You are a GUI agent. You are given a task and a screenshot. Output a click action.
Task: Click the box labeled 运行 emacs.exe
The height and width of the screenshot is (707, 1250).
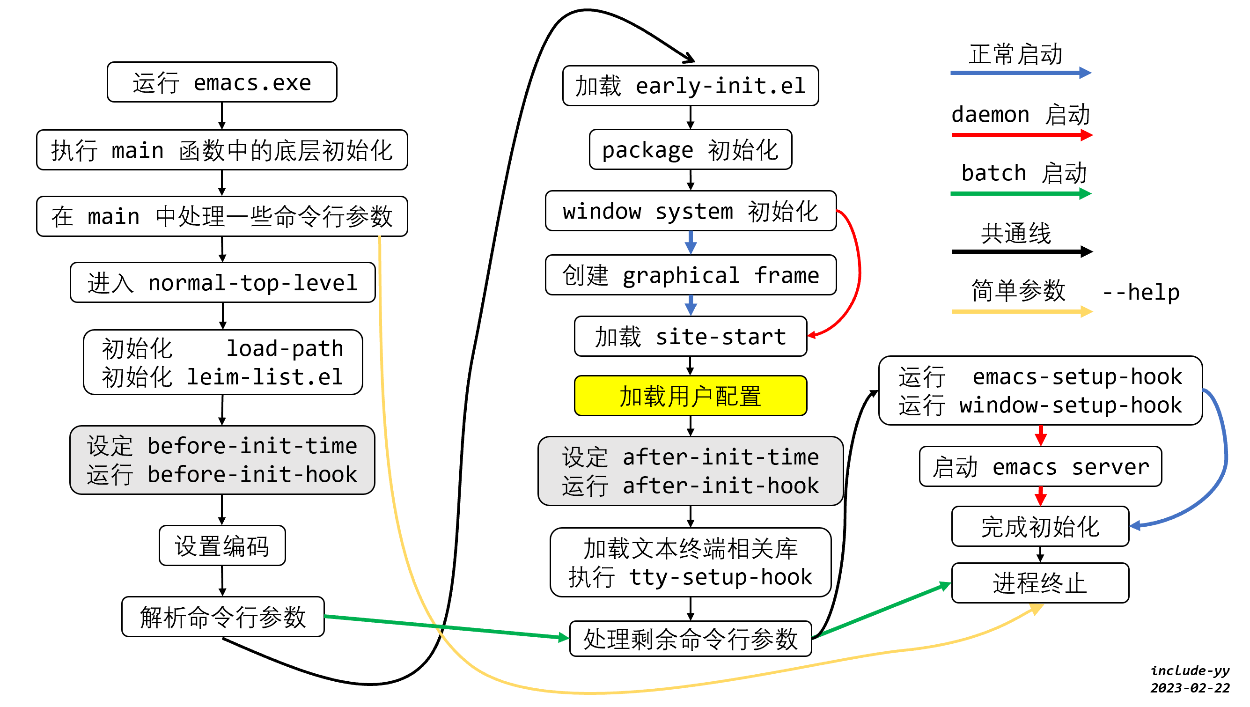[x=222, y=82]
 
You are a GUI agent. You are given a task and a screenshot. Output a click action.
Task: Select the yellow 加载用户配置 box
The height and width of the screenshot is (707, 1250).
[x=690, y=396]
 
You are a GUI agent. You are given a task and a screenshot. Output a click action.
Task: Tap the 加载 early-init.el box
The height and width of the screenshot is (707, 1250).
[x=690, y=86]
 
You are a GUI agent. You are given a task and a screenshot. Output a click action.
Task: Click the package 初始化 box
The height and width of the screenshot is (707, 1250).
[x=690, y=149]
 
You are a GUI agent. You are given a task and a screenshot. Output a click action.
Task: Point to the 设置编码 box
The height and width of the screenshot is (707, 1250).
[x=222, y=545]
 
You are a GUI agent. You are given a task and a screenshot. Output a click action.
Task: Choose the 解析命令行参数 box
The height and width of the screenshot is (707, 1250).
[x=223, y=617]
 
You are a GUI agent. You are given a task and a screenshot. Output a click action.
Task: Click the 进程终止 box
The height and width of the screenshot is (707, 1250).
[x=1040, y=583]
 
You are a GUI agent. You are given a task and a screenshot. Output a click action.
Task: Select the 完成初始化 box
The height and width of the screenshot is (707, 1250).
[x=1040, y=526]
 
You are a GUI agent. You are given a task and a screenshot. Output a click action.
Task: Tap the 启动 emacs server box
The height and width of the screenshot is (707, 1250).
[x=1040, y=467]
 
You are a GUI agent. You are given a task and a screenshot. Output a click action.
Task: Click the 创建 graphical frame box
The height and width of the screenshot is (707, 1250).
[x=690, y=275]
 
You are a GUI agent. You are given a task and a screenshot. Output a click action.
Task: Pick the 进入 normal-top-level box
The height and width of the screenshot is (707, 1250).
[x=222, y=283]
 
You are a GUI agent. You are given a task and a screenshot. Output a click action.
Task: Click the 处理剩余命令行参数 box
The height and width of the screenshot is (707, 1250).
[x=690, y=639]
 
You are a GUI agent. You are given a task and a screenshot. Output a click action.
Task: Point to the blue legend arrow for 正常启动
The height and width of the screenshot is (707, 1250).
[x=1019, y=73]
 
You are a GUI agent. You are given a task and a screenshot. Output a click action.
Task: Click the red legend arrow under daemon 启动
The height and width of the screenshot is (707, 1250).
[x=1019, y=134]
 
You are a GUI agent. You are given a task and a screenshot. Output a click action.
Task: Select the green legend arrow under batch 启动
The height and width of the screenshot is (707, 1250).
[x=1019, y=194]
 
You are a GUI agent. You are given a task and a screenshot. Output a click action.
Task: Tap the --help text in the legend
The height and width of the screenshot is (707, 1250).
[x=1141, y=292]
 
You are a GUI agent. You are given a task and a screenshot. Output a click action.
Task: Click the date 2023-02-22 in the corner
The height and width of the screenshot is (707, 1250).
[x=1189, y=688]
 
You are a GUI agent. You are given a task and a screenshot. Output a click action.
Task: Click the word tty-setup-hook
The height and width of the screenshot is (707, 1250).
[x=721, y=577]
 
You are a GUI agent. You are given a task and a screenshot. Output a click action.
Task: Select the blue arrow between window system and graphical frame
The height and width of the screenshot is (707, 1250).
[x=690, y=242]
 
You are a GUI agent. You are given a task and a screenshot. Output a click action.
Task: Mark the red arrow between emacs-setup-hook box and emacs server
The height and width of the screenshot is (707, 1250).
[x=1040, y=435]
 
